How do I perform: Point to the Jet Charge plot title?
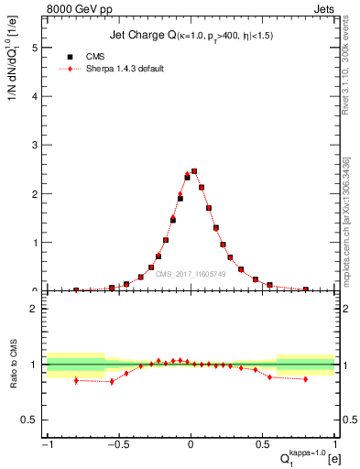point(191,35)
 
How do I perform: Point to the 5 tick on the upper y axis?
point(37,47)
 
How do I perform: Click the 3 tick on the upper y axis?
point(37,145)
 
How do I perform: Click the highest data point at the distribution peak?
point(194,170)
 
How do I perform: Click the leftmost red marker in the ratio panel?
point(76,380)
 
